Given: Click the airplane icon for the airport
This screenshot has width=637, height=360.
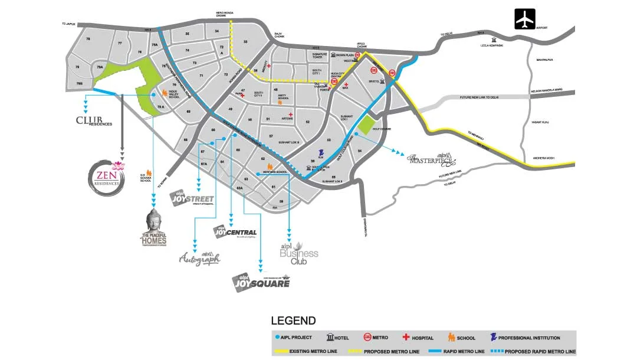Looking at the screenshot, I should tap(524, 19).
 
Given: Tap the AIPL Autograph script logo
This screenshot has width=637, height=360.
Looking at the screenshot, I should tap(200, 258).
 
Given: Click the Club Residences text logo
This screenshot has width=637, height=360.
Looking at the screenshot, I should tap(94, 121).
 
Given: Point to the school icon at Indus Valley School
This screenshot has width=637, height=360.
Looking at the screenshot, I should tap(156, 93).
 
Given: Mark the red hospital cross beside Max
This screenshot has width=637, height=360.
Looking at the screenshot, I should tap(346, 86).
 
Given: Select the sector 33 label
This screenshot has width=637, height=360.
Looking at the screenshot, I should tap(245, 42).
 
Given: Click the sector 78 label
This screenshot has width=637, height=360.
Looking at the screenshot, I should tap(88, 39).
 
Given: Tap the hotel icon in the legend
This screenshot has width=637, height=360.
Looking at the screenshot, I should tap(330, 338).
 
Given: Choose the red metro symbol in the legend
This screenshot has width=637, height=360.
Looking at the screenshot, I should tap(367, 338).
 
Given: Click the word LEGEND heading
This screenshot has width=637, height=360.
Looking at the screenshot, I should tap(293, 321).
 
